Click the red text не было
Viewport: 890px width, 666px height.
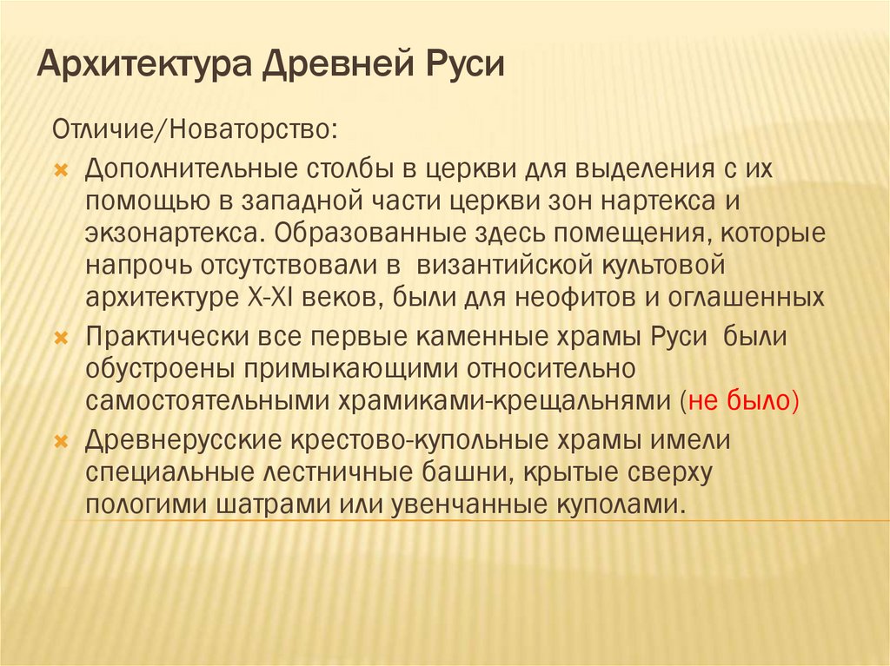(x=741, y=400)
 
